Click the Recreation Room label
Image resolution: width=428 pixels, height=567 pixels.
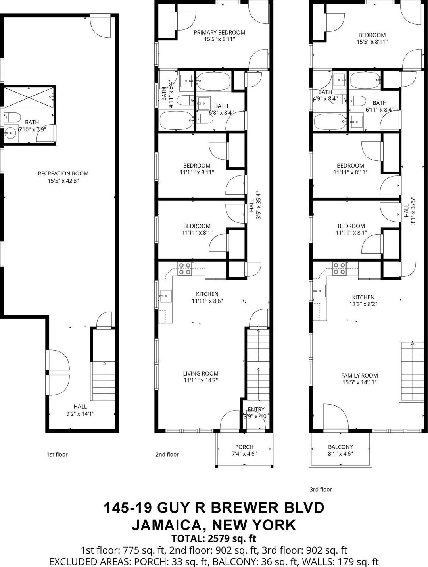[x=63, y=174]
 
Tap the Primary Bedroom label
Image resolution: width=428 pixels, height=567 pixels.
[x=219, y=33]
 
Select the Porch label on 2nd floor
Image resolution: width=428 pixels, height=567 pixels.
[x=244, y=447]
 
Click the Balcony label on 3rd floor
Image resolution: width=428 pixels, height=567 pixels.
[x=340, y=447]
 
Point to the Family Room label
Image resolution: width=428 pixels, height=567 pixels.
[x=359, y=375]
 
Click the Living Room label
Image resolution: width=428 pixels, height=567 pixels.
[x=201, y=373]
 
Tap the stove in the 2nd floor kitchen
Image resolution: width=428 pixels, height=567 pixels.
[x=184, y=269]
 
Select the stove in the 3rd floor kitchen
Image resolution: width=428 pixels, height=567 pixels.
[x=338, y=269]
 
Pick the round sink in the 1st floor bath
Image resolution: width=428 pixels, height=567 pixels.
[x=11, y=133]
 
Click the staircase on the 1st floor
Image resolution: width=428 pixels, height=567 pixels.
[x=104, y=381]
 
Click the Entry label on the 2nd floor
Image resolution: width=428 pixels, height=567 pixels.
[x=256, y=410]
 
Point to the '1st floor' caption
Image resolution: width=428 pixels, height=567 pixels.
[x=57, y=454]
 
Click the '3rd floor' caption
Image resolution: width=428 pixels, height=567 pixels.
[x=321, y=489]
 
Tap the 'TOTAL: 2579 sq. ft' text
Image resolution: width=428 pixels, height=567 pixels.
[x=214, y=538]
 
